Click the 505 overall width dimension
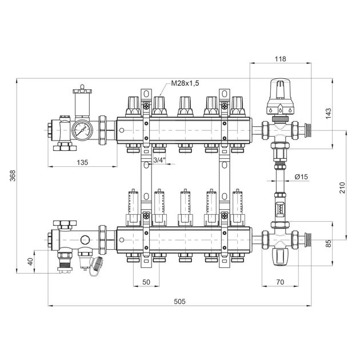(179, 301)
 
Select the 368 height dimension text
(13, 175)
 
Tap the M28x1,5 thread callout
(185, 83)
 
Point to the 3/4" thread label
(159, 160)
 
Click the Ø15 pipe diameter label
(301, 177)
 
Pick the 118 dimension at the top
(281, 59)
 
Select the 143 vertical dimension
(329, 113)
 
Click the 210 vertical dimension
(342, 187)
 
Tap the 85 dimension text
(329, 243)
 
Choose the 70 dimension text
(280, 282)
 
